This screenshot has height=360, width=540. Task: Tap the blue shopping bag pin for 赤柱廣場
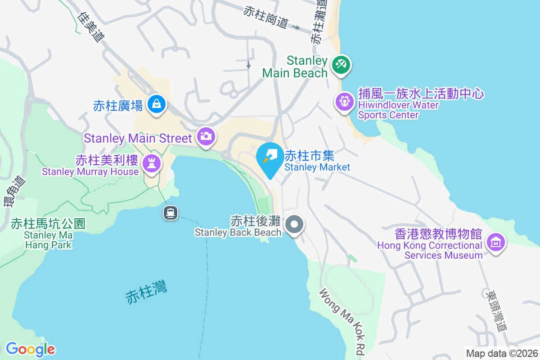[x=156, y=104]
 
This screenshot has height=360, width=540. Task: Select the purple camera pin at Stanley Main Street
[x=206, y=136]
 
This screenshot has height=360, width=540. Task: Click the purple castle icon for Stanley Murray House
[x=151, y=163]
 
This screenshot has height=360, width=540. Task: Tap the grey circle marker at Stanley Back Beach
[x=295, y=224]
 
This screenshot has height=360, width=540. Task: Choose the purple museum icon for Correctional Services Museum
[x=496, y=243]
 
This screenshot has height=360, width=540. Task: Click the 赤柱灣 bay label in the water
[x=146, y=291]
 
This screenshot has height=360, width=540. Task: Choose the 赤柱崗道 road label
[x=265, y=17]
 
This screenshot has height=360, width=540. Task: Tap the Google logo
[x=31, y=349]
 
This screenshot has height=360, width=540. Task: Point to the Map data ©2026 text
[x=502, y=353]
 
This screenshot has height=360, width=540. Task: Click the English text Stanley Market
[x=317, y=167]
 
